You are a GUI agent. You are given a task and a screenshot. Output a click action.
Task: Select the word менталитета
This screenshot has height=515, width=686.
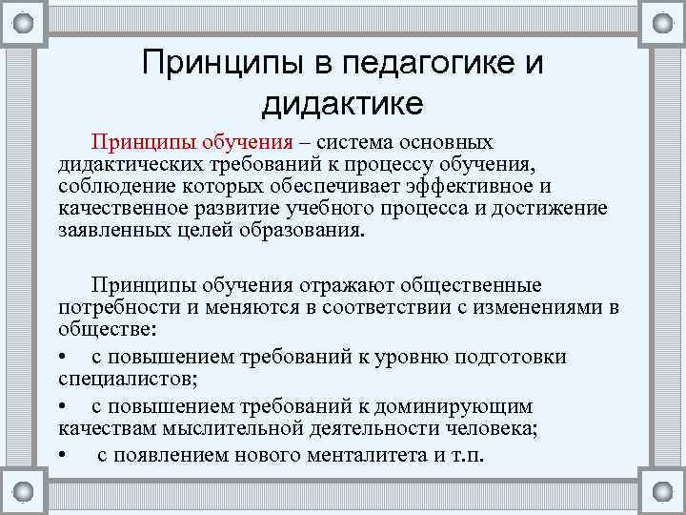coord(346,454)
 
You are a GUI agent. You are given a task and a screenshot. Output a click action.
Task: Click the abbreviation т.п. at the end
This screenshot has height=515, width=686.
coord(466,454)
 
